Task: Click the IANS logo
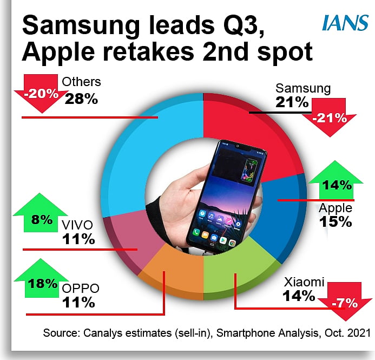click(345, 23)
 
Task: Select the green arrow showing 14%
click(336, 180)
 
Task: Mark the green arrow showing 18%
click(42, 278)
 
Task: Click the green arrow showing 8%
click(41, 213)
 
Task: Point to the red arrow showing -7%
click(345, 302)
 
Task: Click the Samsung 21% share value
click(292, 102)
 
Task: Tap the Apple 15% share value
click(335, 222)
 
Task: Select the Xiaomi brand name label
click(304, 282)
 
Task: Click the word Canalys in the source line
click(102, 333)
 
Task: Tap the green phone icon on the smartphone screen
click(196, 232)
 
